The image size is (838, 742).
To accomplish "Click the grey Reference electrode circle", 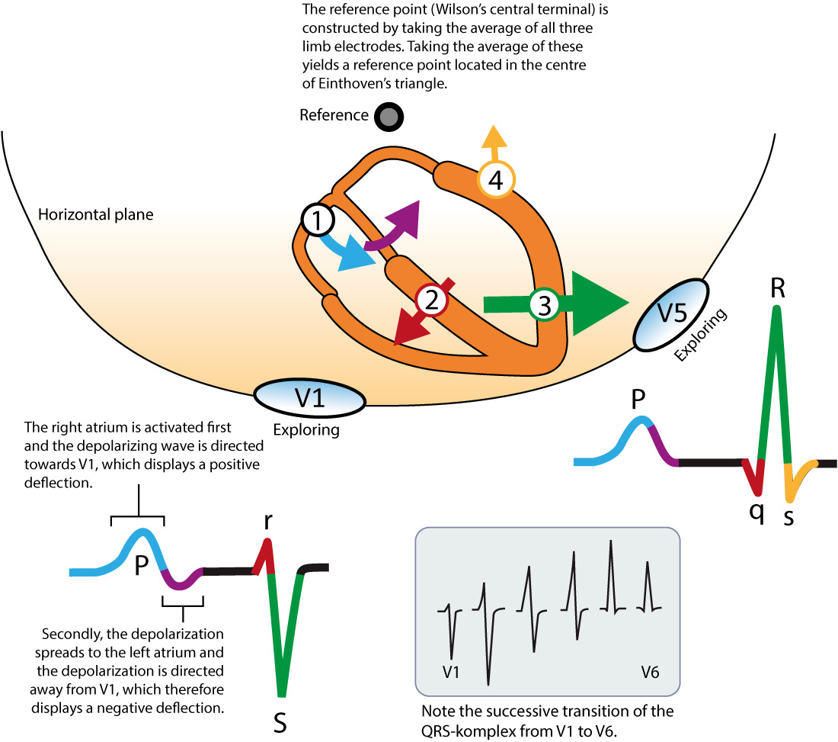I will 389,117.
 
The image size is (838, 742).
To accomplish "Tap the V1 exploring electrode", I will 309,399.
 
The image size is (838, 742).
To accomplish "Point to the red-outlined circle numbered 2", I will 432,302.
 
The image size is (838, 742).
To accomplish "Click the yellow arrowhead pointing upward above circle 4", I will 494,138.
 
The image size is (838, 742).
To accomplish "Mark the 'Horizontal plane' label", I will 95,215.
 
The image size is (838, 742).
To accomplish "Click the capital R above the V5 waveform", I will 777,288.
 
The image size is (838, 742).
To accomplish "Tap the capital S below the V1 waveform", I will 280,722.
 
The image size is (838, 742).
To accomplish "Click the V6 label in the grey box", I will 650,672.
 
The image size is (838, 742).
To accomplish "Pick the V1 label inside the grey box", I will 452,672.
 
